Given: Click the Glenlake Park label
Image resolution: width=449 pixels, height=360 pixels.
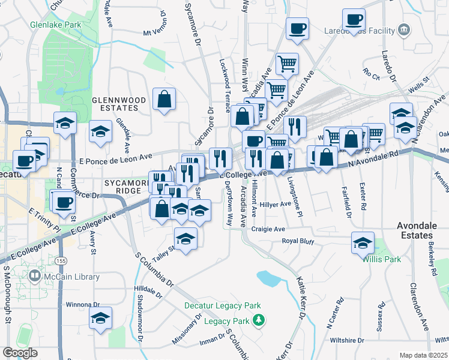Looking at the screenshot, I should (55, 26).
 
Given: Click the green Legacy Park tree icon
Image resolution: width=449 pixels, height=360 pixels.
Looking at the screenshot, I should (259, 320).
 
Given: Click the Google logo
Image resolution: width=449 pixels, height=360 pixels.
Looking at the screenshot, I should (20, 352).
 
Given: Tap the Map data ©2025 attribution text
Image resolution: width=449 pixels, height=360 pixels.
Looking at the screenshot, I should (423, 355).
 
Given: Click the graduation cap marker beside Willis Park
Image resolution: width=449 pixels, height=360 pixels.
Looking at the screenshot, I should (363, 243).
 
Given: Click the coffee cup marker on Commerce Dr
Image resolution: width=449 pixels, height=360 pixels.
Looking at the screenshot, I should (63, 202).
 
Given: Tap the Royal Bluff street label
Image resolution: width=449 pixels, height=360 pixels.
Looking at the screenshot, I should (300, 241).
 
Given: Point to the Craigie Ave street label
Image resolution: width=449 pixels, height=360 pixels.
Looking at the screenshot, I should (268, 229).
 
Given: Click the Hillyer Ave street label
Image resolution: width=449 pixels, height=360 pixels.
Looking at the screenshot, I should (276, 204).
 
